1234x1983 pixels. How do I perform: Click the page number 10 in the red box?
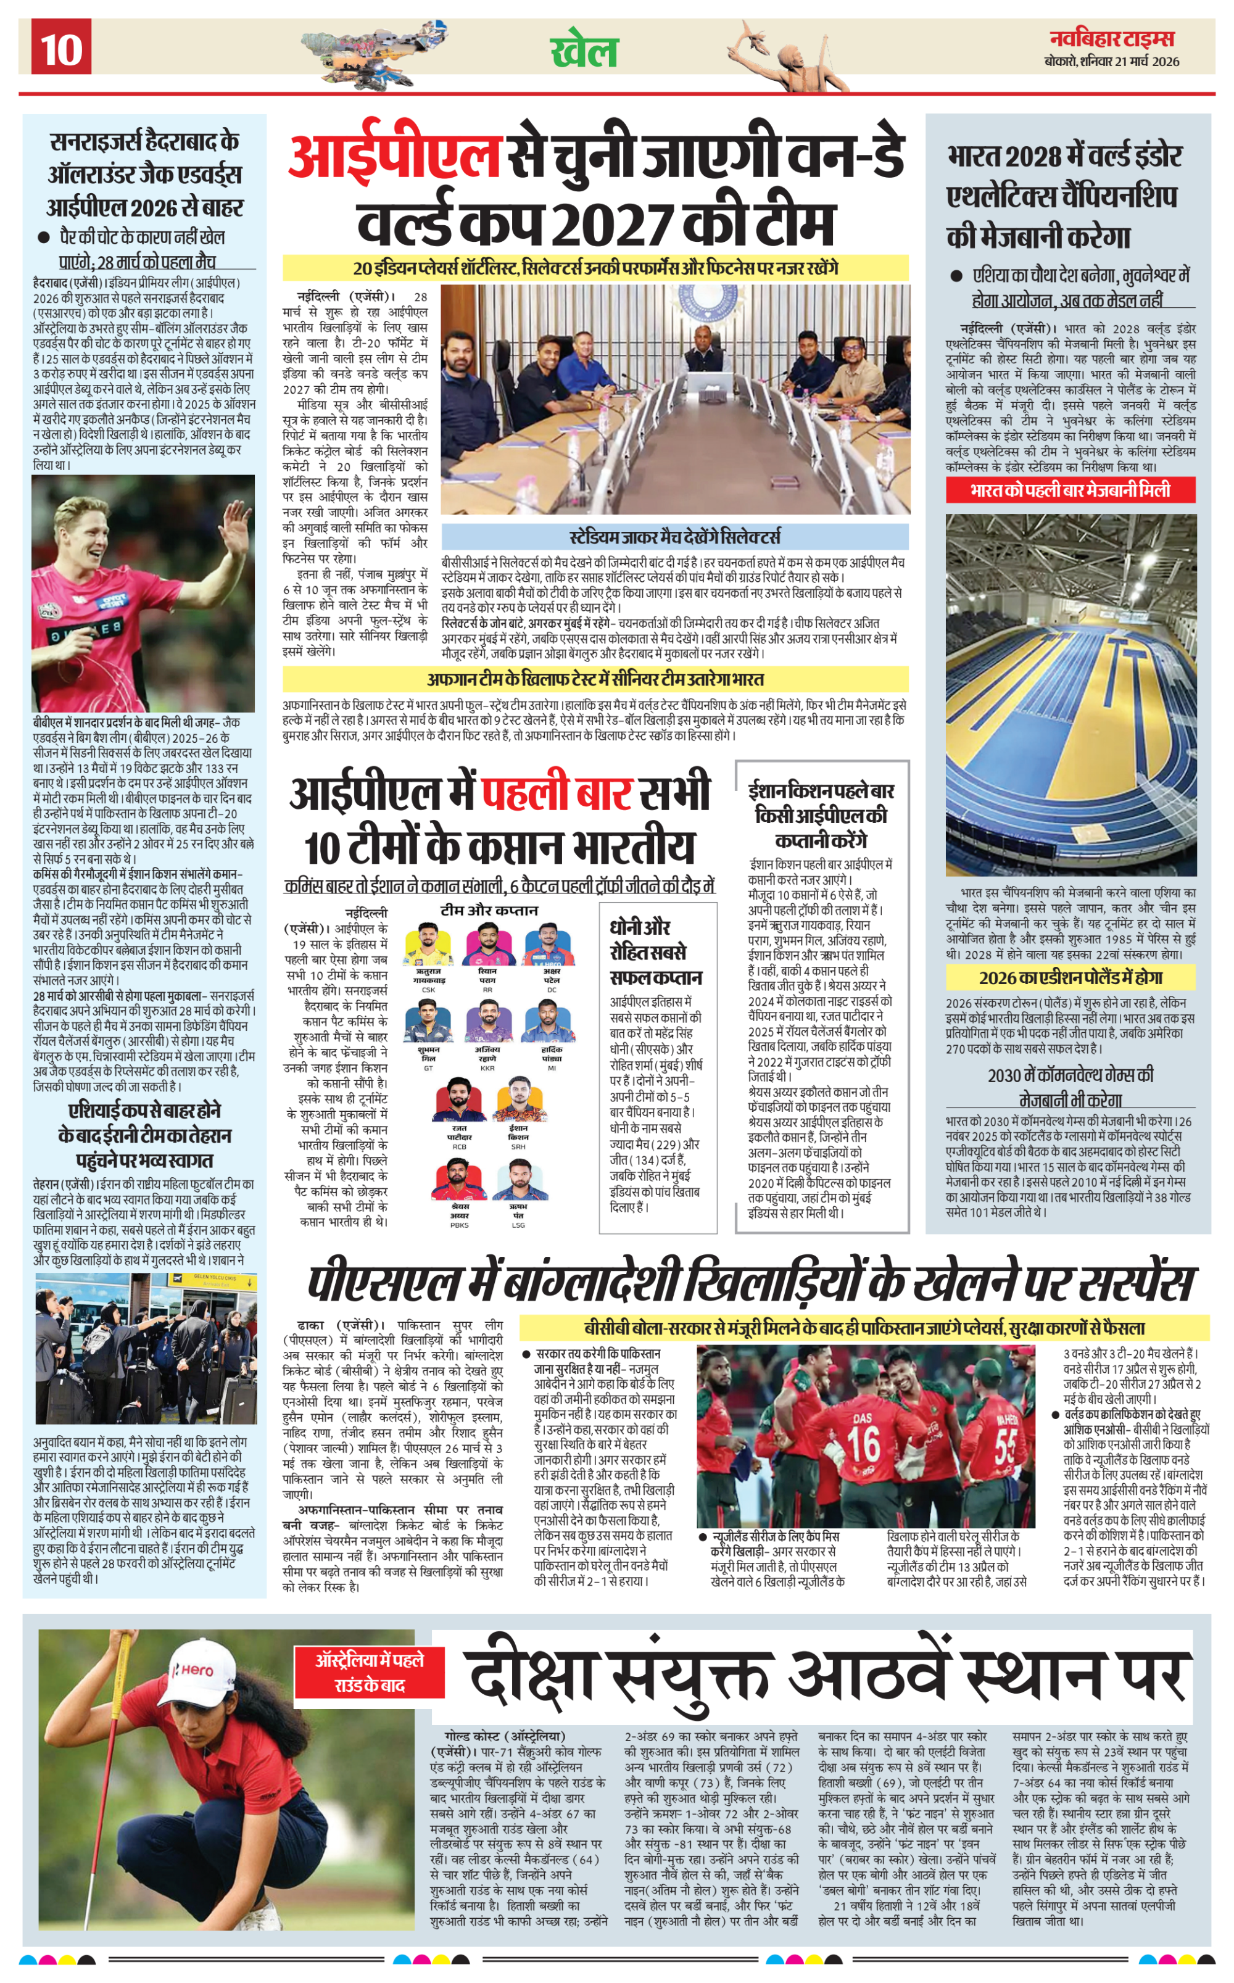pyautogui.click(x=61, y=48)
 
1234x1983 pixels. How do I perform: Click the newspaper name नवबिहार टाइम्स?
pyautogui.click(x=1112, y=38)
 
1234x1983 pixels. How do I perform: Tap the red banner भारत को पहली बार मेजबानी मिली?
pyautogui.click(x=1070, y=490)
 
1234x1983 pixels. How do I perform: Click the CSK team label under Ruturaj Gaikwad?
pyautogui.click(x=428, y=990)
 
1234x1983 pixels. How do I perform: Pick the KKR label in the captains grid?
pyautogui.click(x=487, y=1068)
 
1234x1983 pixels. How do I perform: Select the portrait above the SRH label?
pyautogui.click(x=518, y=1099)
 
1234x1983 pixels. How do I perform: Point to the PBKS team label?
pyautogui.click(x=460, y=1225)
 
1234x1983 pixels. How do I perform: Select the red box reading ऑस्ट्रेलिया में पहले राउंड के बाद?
pyautogui.click(x=370, y=1672)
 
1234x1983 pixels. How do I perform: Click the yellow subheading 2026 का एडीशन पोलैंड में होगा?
pyautogui.click(x=1070, y=978)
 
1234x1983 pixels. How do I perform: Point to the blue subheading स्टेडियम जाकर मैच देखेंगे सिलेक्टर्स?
pyautogui.click(x=674, y=536)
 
